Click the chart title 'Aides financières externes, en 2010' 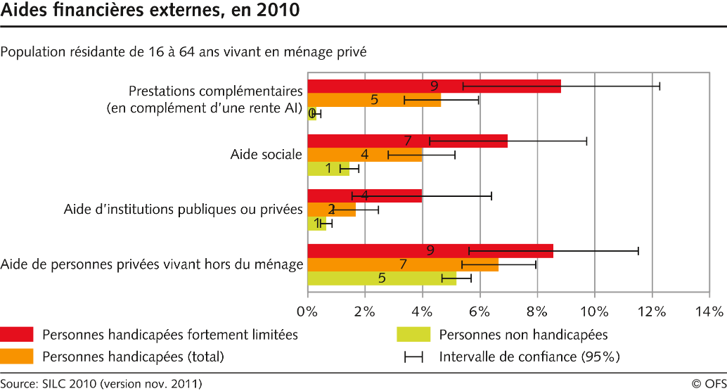point(149,11)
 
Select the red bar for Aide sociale point(407,141)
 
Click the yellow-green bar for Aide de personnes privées point(382,278)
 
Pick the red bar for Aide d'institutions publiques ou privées point(364,195)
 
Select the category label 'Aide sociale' point(266,155)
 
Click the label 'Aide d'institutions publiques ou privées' point(183,210)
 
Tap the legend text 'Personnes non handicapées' point(523,335)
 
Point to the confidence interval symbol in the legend point(413,357)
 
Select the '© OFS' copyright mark point(706,383)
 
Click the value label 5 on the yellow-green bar point(382,278)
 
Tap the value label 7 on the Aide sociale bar point(407,141)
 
